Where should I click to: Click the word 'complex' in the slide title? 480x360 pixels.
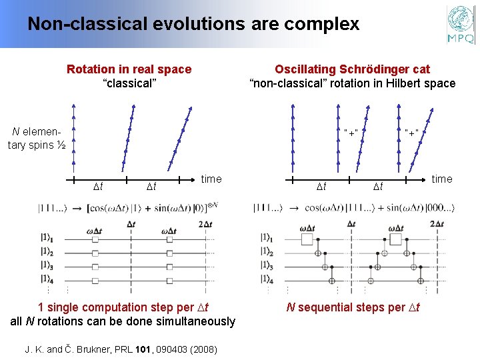[x=323, y=25]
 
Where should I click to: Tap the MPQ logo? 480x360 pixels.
[x=461, y=25]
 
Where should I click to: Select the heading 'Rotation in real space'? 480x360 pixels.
[x=129, y=69]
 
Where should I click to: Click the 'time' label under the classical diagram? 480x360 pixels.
[x=211, y=179]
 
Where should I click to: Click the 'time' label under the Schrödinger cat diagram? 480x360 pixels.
[x=442, y=179]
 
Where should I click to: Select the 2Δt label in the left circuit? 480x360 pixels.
[x=208, y=223]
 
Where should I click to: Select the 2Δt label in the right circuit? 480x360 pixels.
[x=437, y=223]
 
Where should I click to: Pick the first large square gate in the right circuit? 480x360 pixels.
[x=307, y=239]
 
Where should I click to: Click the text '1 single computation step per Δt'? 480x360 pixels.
[x=123, y=307]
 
